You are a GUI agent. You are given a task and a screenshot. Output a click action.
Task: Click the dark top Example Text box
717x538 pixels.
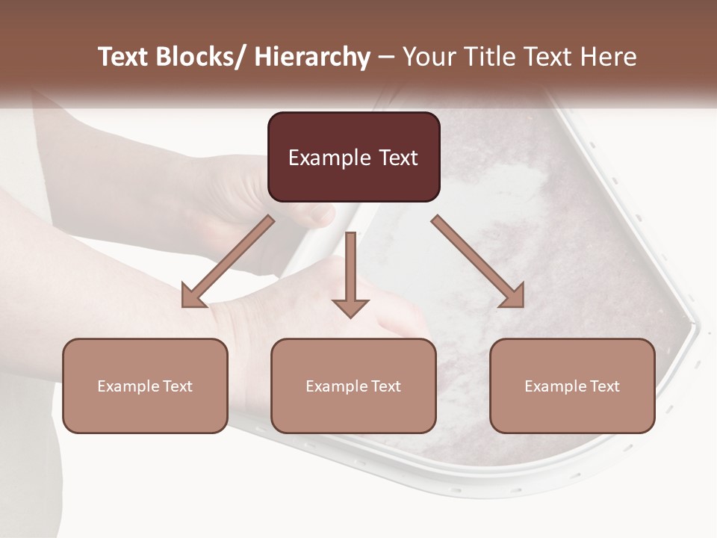click(x=353, y=157)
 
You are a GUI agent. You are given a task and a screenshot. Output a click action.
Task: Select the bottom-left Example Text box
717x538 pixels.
click(x=145, y=386)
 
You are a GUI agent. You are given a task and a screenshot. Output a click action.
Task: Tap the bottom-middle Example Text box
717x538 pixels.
click(x=353, y=386)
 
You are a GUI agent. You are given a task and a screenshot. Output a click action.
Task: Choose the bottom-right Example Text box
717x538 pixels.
click(x=572, y=386)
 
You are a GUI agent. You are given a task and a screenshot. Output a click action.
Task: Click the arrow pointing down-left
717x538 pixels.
click(x=228, y=262)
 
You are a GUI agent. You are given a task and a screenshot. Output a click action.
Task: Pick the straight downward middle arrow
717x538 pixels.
click(x=350, y=273)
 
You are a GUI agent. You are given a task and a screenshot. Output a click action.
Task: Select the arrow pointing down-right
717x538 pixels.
click(x=478, y=262)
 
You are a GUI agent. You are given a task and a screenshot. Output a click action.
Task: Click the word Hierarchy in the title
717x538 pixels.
click(x=312, y=57)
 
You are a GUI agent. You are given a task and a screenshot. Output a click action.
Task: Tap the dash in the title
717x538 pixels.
click(x=386, y=58)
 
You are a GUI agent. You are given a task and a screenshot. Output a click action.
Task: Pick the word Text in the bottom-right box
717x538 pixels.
click(x=603, y=386)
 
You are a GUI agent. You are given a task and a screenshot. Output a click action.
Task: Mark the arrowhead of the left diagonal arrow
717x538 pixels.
click(x=193, y=296)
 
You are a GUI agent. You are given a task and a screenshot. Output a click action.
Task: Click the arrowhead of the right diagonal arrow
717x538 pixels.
click(x=512, y=296)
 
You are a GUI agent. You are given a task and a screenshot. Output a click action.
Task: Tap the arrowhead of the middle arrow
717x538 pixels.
click(x=350, y=307)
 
